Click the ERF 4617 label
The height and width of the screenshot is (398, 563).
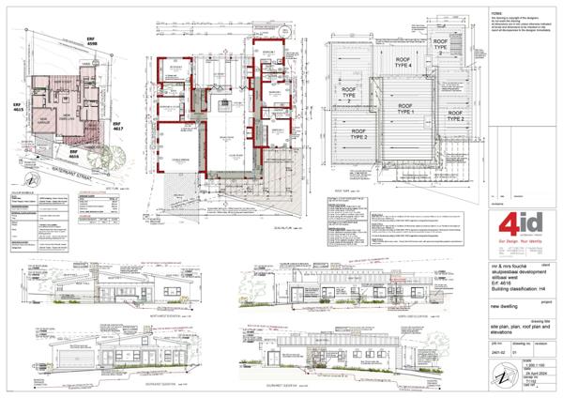(x=118, y=129)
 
